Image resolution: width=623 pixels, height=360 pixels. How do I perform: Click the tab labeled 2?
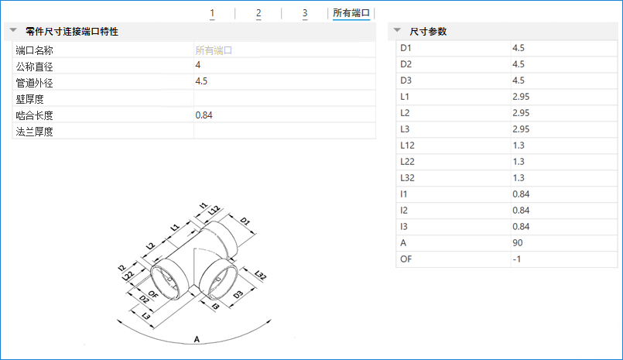258,13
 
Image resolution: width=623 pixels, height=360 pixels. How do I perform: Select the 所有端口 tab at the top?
351,13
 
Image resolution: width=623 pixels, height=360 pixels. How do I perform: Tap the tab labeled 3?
305,13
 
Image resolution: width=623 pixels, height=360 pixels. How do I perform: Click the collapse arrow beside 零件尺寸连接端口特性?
13,30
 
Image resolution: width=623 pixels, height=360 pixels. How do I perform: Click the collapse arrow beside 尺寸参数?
397,30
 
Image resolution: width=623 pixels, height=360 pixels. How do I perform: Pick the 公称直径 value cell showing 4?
198,65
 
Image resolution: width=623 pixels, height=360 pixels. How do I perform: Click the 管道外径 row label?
35,83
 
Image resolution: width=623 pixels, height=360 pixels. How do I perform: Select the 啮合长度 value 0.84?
204,115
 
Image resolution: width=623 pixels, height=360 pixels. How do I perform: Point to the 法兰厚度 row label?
35,132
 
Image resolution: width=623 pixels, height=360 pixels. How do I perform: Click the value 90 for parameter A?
518,243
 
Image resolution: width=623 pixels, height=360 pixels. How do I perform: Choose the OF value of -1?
516,259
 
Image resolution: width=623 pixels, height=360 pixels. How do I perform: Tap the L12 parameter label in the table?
407,146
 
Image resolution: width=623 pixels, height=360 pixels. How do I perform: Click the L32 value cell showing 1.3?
519,177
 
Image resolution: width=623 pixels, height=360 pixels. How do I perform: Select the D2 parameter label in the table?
406,64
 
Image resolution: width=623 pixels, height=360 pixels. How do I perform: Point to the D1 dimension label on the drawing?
245,221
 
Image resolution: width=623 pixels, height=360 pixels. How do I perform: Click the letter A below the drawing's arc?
197,339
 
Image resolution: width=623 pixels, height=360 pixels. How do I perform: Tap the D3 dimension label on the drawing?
238,294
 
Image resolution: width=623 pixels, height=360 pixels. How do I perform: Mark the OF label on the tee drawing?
153,294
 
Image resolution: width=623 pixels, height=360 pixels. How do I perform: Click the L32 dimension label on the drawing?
260,275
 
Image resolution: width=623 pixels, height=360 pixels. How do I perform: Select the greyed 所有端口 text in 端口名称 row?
214,50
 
